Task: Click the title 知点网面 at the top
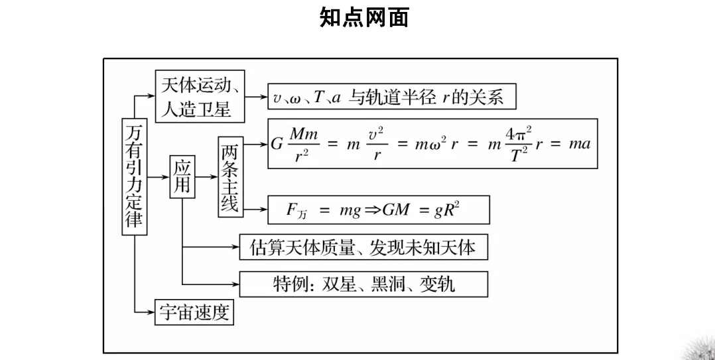click(363, 18)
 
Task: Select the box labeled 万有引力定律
click(134, 176)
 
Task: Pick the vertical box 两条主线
click(229, 176)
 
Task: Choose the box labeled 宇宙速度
click(194, 312)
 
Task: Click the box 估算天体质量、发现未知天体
click(363, 247)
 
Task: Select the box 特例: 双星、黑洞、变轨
click(363, 284)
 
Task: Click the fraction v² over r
click(377, 144)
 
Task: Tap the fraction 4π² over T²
click(518, 144)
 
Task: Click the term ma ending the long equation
click(579, 144)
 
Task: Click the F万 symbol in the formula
click(296, 210)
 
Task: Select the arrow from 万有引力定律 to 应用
click(158, 176)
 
